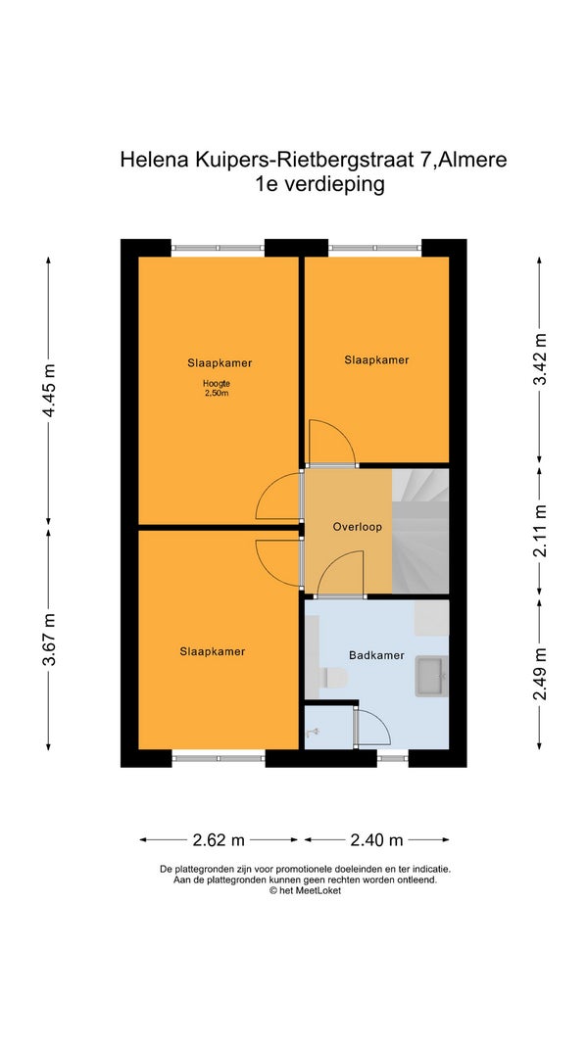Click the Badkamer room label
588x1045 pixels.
click(376, 655)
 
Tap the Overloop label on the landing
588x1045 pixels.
click(358, 527)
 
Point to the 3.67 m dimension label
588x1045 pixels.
click(49, 640)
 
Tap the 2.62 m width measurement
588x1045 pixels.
click(219, 840)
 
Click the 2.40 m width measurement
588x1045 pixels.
click(376, 840)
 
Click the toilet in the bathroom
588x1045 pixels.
click(334, 679)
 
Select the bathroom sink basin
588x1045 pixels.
click(431, 677)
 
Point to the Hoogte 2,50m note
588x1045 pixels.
click(217, 388)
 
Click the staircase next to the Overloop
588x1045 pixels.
click(420, 531)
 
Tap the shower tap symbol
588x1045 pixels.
click(314, 734)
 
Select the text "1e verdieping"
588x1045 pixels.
click(320, 184)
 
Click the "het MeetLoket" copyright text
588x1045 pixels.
click(305, 890)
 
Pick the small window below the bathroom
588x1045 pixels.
click(393, 758)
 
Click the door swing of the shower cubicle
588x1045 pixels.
click(372, 727)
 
